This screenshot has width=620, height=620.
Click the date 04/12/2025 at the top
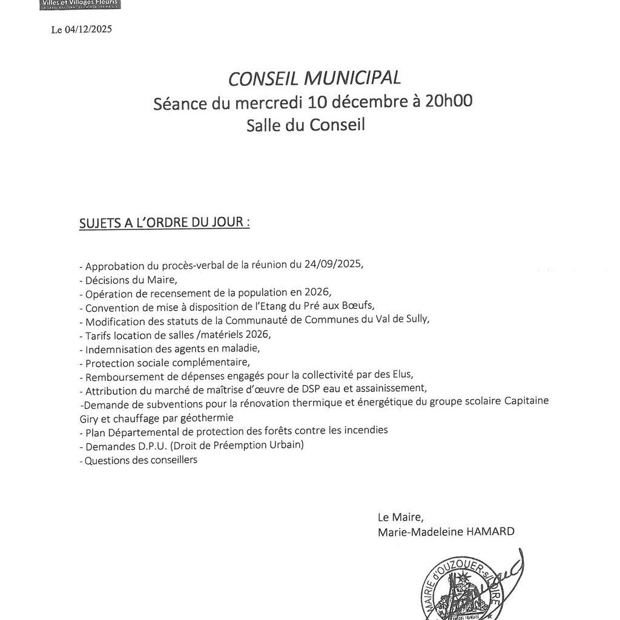pos(89,29)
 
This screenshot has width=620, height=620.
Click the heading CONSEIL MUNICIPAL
pos(314,78)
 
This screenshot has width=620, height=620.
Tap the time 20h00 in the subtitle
pos(449,101)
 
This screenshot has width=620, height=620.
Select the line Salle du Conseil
pos(306,124)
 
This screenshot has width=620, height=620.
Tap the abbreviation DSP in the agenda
pos(314,389)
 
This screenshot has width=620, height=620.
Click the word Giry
pos(89,418)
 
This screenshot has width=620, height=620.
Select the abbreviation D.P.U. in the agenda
pos(147,445)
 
